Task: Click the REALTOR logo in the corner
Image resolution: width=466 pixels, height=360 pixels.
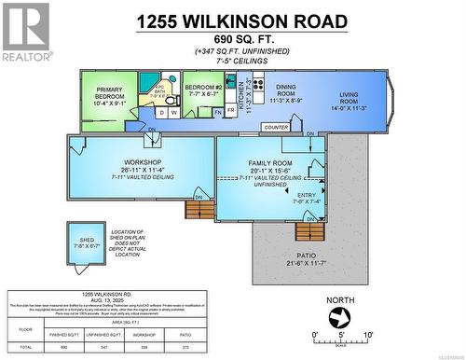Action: click(26, 32)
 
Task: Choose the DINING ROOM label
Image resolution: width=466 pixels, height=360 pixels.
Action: click(285, 90)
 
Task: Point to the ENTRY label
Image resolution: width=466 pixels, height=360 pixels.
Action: click(306, 197)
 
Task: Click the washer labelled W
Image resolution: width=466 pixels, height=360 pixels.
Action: click(174, 113)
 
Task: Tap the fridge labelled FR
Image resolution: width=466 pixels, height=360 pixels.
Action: click(218, 112)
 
